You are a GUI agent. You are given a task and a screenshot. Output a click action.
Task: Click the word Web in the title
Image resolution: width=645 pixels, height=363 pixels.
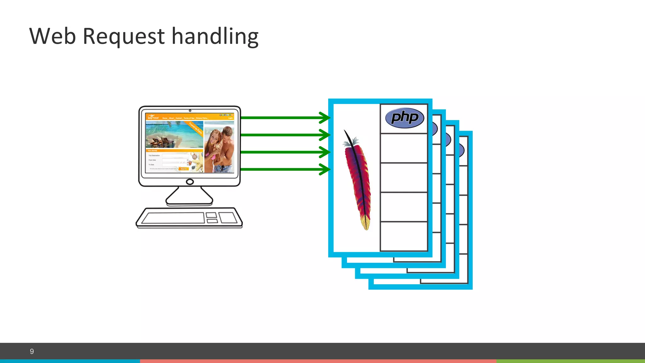coord(53,36)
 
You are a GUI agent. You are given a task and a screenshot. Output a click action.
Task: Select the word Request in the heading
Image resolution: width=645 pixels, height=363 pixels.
coord(123,37)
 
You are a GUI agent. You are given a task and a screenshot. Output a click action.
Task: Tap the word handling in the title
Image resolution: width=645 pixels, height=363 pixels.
coord(215,37)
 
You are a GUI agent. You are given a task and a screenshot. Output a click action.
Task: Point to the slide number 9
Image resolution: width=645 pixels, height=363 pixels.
coord(32,351)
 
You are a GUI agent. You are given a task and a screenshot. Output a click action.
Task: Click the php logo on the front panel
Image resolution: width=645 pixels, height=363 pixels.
coord(404,118)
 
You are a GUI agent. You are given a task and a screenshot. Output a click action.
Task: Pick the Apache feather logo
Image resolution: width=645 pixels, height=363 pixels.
coord(357,180)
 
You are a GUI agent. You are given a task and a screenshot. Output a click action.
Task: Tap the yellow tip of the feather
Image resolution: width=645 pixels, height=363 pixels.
coord(366,225)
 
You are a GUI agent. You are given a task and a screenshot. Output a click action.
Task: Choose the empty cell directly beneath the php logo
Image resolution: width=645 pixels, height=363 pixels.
coord(404,148)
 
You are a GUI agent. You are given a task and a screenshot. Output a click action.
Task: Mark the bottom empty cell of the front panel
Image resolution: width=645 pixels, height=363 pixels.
coord(404,236)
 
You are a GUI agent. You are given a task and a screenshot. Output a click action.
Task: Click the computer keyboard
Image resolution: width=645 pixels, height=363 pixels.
coord(189,217)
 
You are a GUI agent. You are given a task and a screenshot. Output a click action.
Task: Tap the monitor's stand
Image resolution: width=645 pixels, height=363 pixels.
coord(189,197)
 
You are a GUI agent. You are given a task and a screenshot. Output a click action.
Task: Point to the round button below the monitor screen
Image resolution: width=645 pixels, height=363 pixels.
coord(190,182)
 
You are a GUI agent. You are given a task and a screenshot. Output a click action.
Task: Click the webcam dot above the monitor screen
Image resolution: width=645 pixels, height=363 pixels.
coord(190,111)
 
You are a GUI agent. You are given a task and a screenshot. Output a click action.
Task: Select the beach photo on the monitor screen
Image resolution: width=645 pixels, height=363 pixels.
coord(174,135)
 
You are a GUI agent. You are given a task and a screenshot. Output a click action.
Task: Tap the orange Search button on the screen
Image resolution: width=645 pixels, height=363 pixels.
coord(184,169)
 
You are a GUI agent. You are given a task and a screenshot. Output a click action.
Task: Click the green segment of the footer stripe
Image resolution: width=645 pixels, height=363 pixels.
coord(570,361)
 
